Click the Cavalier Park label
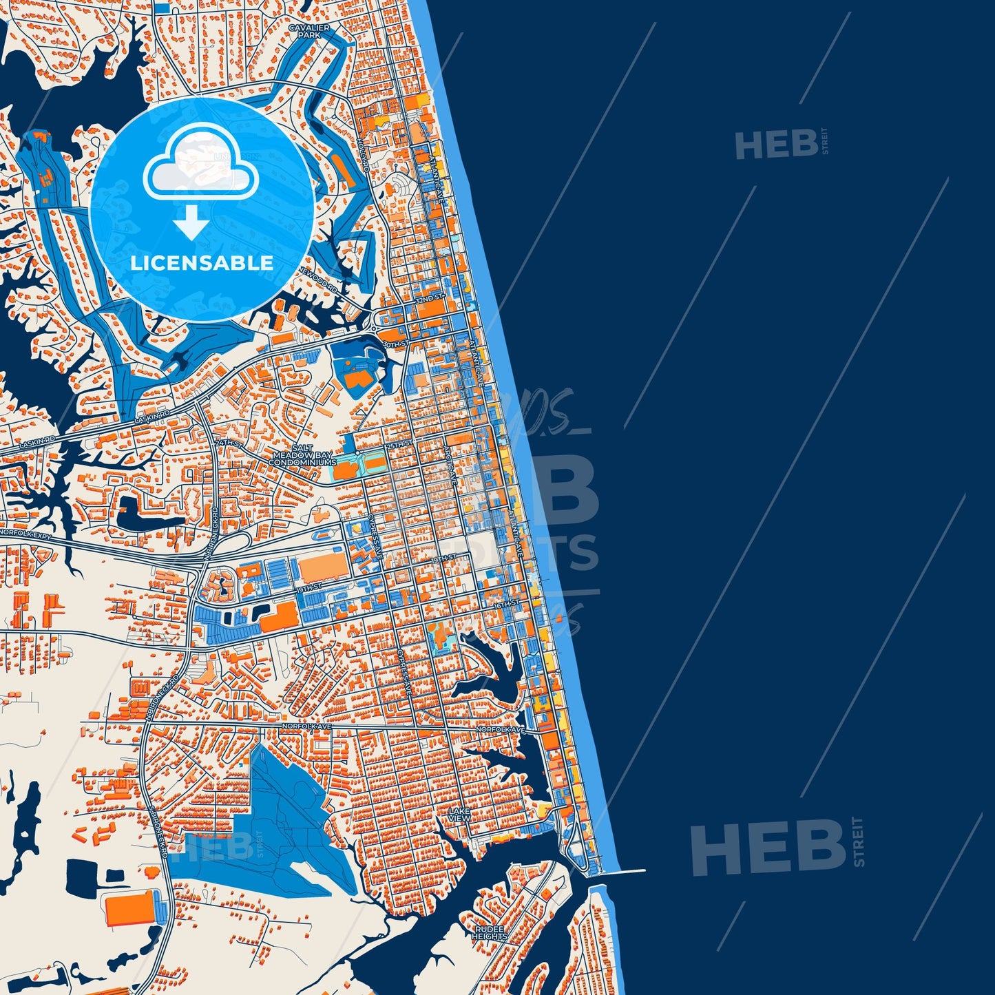pyautogui.click(x=309, y=31)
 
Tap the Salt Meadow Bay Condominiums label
pyautogui.click(x=302, y=455)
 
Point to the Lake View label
pyautogui.click(x=459, y=815)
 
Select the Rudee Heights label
pyautogui.click(x=490, y=932)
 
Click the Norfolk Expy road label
pyautogui.click(x=26, y=534)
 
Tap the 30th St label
pyautogui.click(x=395, y=343)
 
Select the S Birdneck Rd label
pyautogui.click(x=159, y=832)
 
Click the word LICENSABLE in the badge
pyautogui.click(x=202, y=262)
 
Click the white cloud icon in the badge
pyautogui.click(x=200, y=163)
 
